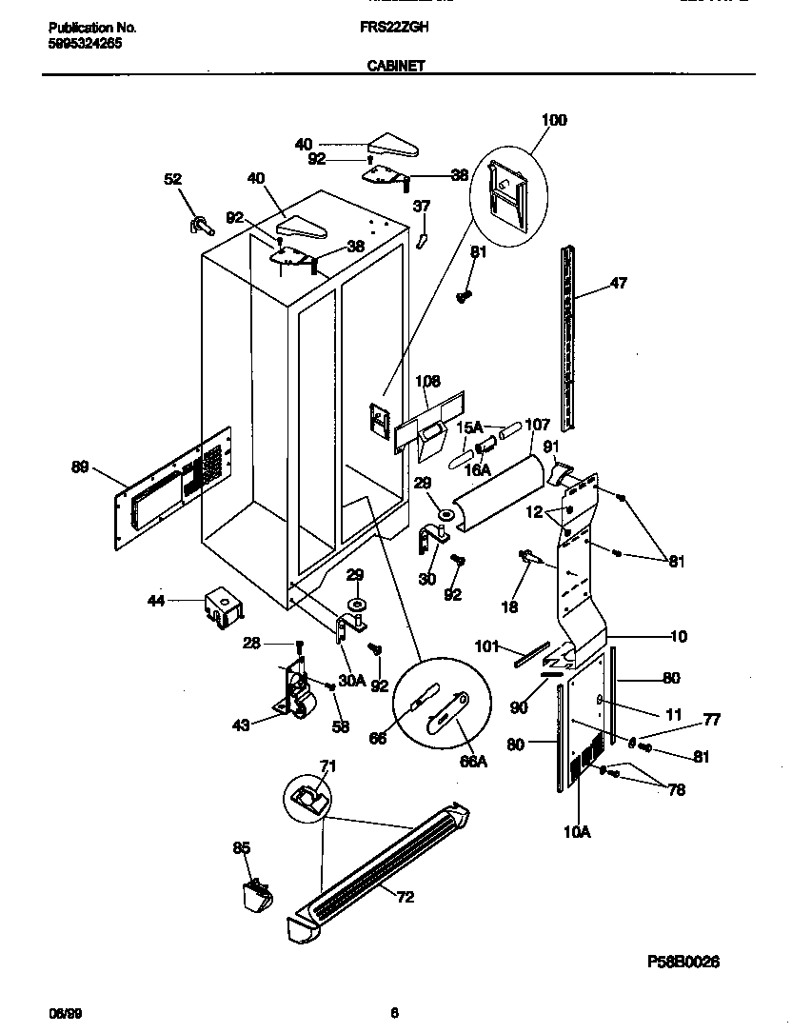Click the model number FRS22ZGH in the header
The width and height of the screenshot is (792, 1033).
pyautogui.click(x=395, y=29)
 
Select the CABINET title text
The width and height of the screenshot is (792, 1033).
pyautogui.click(x=395, y=67)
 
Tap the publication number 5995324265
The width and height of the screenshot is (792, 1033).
pyautogui.click(x=85, y=44)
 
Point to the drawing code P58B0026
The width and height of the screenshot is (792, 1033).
pyautogui.click(x=683, y=962)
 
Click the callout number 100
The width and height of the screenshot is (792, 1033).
pyautogui.click(x=553, y=120)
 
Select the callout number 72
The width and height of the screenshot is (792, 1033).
pyautogui.click(x=405, y=897)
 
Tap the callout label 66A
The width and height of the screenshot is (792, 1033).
pyautogui.click(x=473, y=762)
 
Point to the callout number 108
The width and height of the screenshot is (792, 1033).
pyautogui.click(x=427, y=381)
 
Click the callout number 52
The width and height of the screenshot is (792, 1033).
pyautogui.click(x=172, y=179)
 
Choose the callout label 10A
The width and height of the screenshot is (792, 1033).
pyautogui.click(x=577, y=831)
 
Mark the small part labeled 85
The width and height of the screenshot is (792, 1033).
pyautogui.click(x=255, y=895)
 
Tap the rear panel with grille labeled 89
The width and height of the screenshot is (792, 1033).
pyautogui.click(x=171, y=487)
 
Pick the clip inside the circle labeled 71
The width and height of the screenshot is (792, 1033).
pyautogui.click(x=308, y=796)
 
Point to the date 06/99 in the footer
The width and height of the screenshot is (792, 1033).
pyautogui.click(x=60, y=1013)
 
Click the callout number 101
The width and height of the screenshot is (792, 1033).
pyautogui.click(x=487, y=646)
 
